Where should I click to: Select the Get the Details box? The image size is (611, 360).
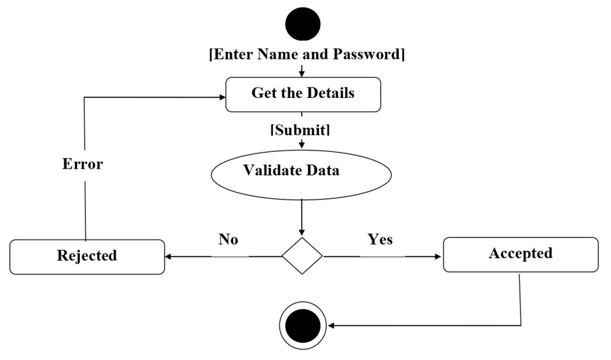303,94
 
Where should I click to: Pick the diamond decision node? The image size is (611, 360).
302,256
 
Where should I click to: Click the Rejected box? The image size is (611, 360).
87,256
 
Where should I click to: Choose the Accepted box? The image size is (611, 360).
521,254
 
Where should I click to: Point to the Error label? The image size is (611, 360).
83,165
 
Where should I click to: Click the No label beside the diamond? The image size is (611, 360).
228,240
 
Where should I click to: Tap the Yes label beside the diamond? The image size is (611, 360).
380,240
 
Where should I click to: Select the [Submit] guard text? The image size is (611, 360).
300,130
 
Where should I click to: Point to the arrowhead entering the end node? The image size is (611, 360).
330,326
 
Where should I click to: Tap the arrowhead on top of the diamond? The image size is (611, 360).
302,233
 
